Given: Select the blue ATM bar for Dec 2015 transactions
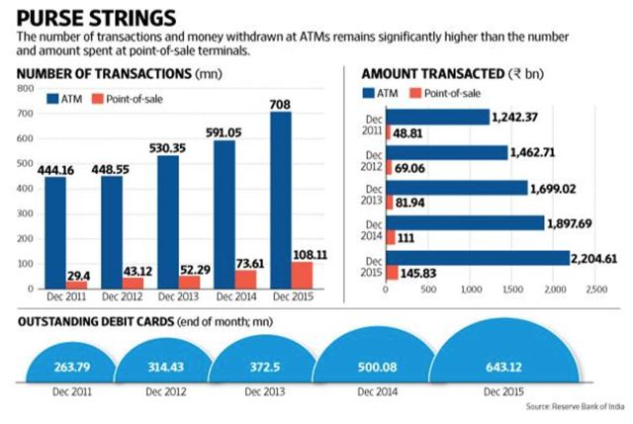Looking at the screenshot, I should pos(283,188).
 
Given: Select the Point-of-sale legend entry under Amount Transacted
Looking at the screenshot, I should pos(449,91).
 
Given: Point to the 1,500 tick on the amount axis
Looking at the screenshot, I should pos(511,290).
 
